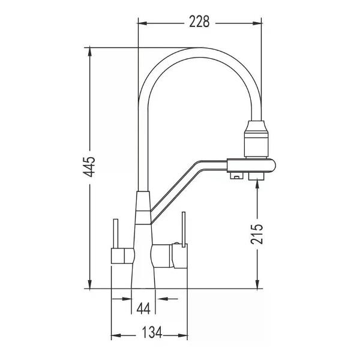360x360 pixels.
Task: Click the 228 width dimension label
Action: (199, 22)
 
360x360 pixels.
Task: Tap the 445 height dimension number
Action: (89, 167)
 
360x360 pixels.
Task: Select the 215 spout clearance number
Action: (257, 234)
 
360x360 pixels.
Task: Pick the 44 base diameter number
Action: (143, 308)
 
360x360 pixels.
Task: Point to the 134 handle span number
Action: (152, 332)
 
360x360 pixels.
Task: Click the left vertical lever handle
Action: (116, 233)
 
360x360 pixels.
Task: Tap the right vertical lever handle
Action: (183, 229)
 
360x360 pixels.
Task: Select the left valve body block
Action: (122, 256)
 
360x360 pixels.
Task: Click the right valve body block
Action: (169, 256)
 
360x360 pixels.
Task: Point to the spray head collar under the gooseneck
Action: (256, 139)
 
